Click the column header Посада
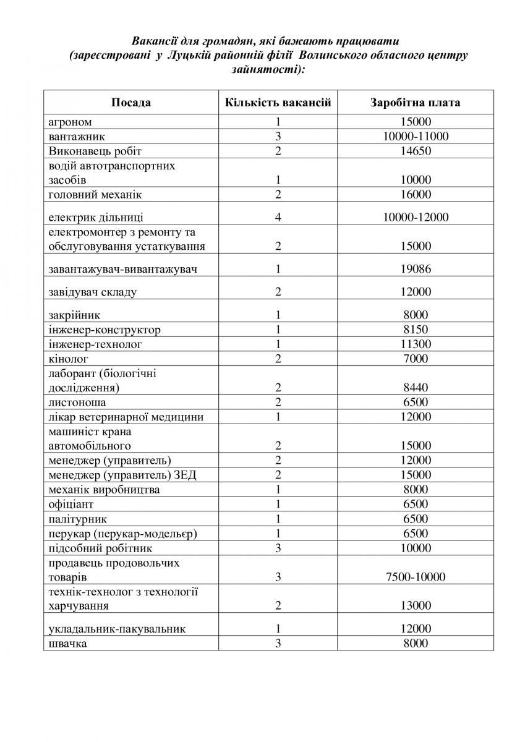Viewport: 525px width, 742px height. click(x=130, y=102)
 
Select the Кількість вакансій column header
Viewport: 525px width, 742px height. click(x=278, y=102)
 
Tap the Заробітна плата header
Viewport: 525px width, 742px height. click(x=415, y=102)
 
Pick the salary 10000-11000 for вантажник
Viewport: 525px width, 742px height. click(x=416, y=137)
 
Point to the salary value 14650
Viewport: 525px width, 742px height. click(x=416, y=151)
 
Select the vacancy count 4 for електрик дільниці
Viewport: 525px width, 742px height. click(x=278, y=217)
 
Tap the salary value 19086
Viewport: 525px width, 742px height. click(x=416, y=269)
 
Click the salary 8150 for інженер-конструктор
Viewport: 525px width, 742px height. click(x=416, y=330)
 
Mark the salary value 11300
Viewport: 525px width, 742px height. click(x=416, y=344)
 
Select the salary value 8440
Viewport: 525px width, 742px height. click(x=416, y=388)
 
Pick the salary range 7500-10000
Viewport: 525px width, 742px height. click(x=416, y=578)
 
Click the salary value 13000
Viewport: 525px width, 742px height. click(x=416, y=606)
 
